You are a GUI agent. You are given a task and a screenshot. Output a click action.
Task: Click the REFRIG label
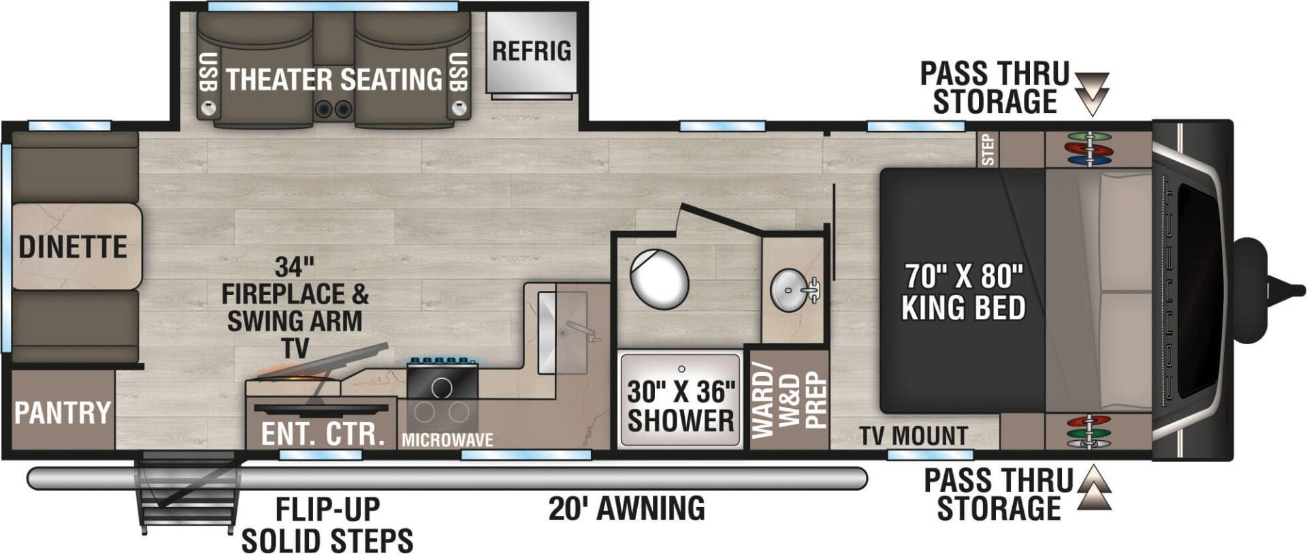pos(532,51)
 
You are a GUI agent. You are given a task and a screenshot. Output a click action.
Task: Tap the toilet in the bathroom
pos(659,278)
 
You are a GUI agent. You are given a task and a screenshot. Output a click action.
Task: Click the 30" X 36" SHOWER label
pos(681,406)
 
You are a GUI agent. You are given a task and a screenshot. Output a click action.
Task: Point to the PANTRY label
pos(63,413)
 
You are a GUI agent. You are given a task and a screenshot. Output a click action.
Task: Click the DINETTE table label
pos(73,247)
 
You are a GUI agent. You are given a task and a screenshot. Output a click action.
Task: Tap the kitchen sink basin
pos(562,333)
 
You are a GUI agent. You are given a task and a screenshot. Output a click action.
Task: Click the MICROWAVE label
pos(447,440)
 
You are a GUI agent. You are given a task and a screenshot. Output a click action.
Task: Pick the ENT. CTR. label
pos(323,434)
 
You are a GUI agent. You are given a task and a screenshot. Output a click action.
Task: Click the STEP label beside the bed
pos(988,150)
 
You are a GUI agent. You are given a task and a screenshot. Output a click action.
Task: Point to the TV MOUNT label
pos(913,436)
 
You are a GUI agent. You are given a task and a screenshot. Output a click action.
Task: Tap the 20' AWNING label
pos(627,508)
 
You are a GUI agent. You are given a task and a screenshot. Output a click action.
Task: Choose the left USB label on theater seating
pos(208,73)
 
